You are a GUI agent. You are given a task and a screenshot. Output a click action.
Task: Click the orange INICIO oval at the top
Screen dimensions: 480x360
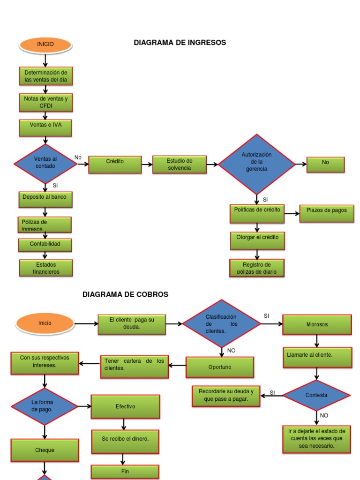[45, 45]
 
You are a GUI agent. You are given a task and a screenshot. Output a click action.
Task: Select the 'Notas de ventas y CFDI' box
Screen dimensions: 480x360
[46, 103]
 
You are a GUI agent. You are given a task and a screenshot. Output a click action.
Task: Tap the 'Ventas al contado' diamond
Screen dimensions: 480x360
[45, 164]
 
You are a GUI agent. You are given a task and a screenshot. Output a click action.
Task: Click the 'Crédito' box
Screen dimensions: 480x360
[115, 165]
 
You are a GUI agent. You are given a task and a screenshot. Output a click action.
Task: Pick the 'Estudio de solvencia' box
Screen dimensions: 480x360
[180, 165]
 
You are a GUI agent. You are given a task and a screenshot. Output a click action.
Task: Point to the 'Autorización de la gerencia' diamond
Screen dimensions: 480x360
[256, 164]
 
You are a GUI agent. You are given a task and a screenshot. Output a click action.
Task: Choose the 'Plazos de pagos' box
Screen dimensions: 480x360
[327, 213]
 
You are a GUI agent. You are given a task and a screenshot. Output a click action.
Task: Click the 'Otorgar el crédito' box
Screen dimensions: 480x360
[257, 240]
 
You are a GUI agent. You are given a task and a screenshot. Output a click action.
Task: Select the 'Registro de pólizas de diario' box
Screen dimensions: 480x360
[257, 268]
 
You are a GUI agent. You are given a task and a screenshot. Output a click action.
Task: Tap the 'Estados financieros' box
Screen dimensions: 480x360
[46, 268]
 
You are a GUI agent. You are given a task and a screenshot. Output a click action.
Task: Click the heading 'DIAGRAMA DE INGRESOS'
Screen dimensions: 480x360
[180, 43]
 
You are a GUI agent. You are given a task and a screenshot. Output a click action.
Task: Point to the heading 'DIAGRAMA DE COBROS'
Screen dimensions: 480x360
[125, 294]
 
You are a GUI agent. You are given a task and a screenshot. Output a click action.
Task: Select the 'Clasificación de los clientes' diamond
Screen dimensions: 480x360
[221, 324]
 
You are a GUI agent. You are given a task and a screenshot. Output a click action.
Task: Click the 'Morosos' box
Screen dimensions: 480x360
[317, 325]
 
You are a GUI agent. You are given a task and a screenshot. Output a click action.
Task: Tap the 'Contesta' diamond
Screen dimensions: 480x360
[316, 395]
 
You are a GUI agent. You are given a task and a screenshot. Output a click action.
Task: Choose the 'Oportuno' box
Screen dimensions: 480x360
[220, 367]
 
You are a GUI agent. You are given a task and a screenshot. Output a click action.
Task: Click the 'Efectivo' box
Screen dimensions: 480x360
[125, 406]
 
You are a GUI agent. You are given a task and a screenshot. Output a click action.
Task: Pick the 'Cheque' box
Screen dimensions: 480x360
[45, 450]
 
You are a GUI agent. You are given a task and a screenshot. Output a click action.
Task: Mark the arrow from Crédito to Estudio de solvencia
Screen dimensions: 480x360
[147, 165]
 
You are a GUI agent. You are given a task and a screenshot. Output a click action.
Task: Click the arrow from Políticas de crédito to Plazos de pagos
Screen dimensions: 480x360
[291, 214]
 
